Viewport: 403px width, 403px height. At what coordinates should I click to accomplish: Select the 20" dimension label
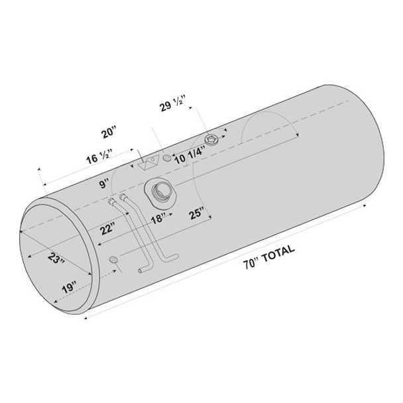pyautogui.click(x=109, y=133)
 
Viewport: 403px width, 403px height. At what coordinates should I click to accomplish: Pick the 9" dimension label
pyautogui.click(x=104, y=184)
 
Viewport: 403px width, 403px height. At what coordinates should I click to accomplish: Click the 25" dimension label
pyautogui.click(x=196, y=213)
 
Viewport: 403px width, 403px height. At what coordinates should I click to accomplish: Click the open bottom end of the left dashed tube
pyautogui.click(x=140, y=270)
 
